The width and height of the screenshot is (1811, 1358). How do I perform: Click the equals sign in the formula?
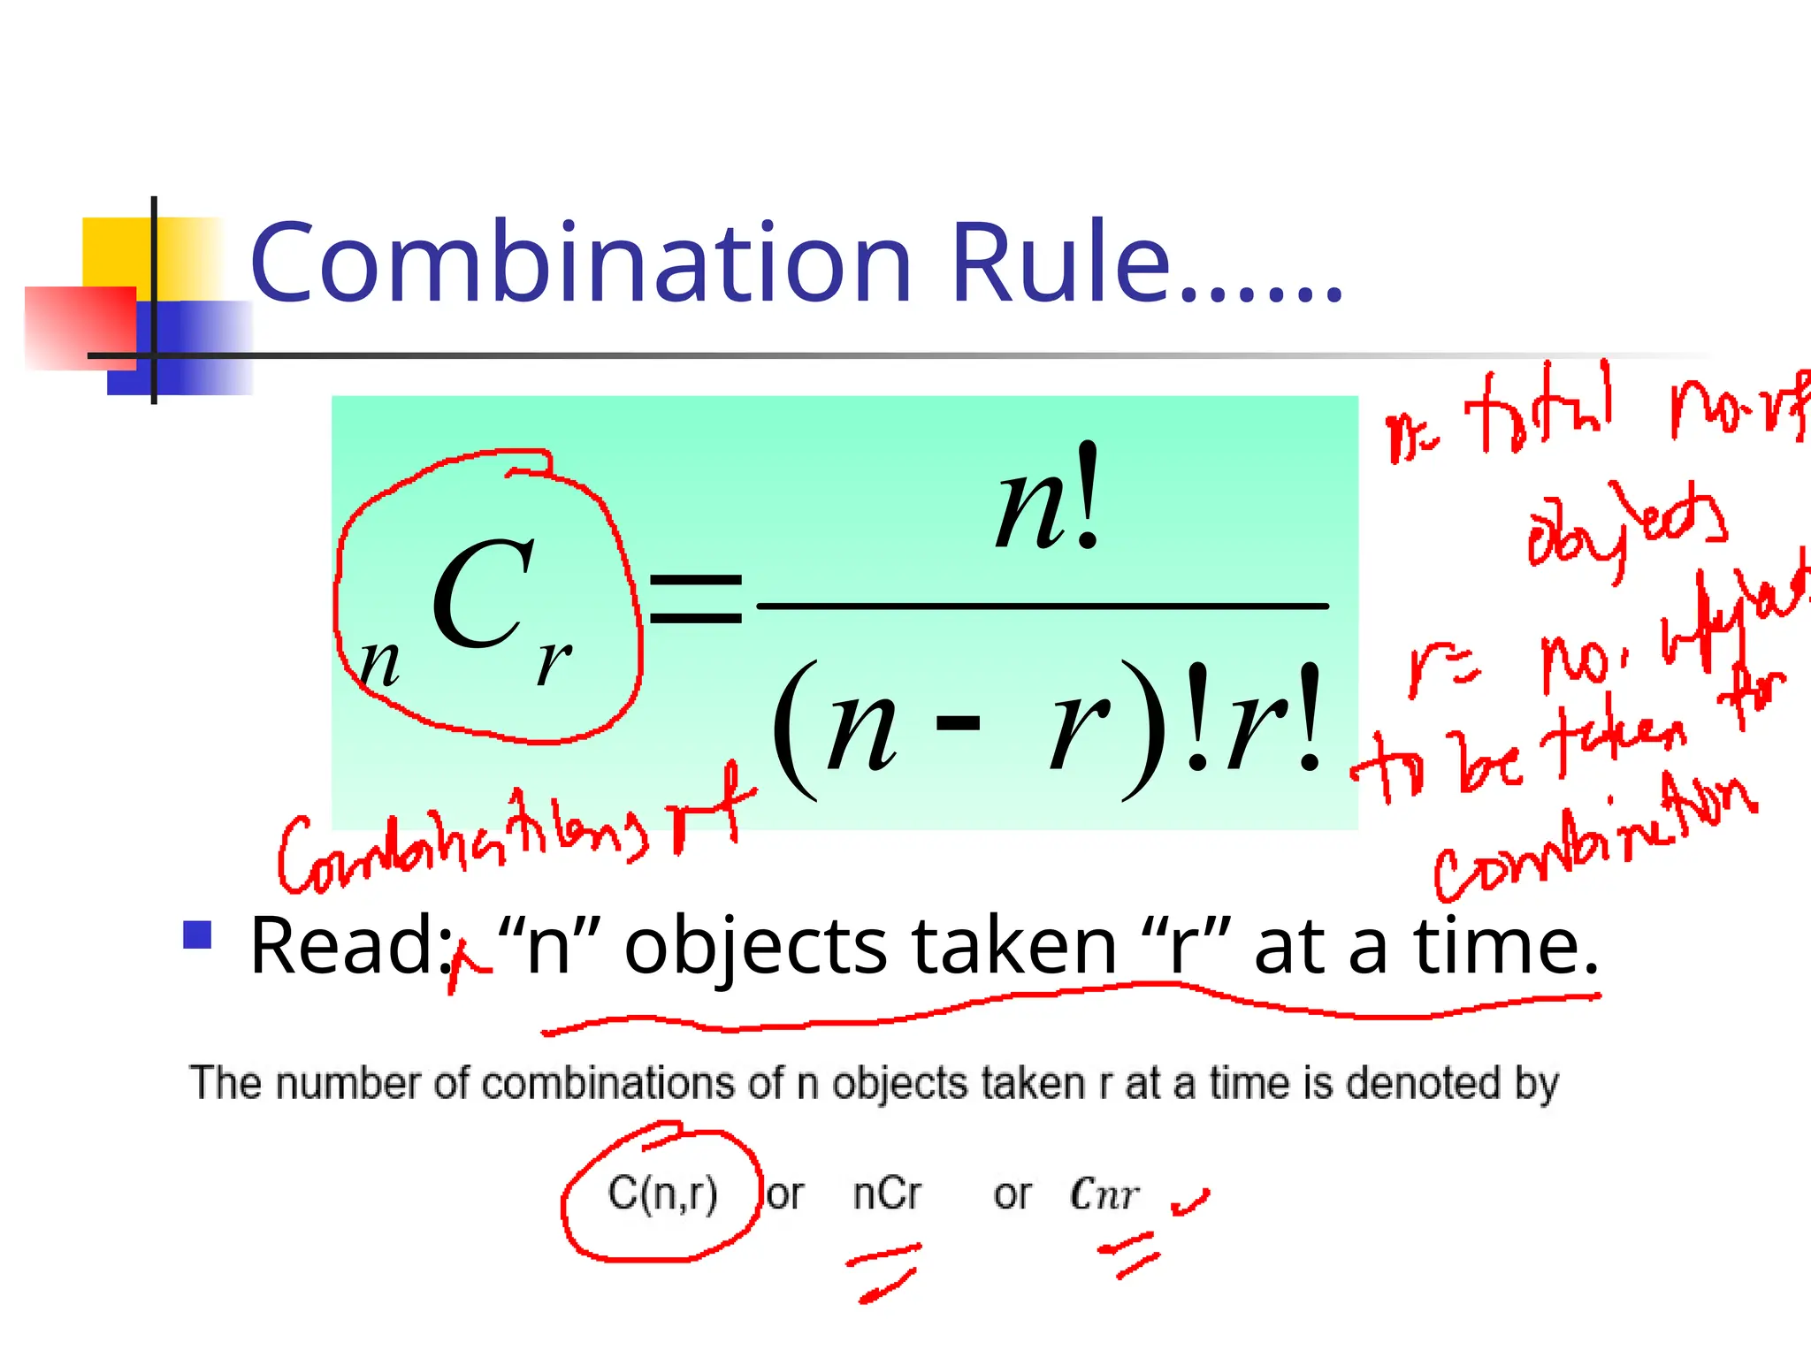(x=696, y=599)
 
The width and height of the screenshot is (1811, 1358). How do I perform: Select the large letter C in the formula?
(x=482, y=594)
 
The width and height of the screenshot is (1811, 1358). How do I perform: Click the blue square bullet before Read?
(x=197, y=935)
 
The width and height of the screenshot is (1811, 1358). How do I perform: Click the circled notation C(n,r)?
(x=662, y=1193)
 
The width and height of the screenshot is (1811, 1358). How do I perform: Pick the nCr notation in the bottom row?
(x=887, y=1194)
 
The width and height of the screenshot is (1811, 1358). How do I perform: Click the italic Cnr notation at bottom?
(x=1104, y=1194)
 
